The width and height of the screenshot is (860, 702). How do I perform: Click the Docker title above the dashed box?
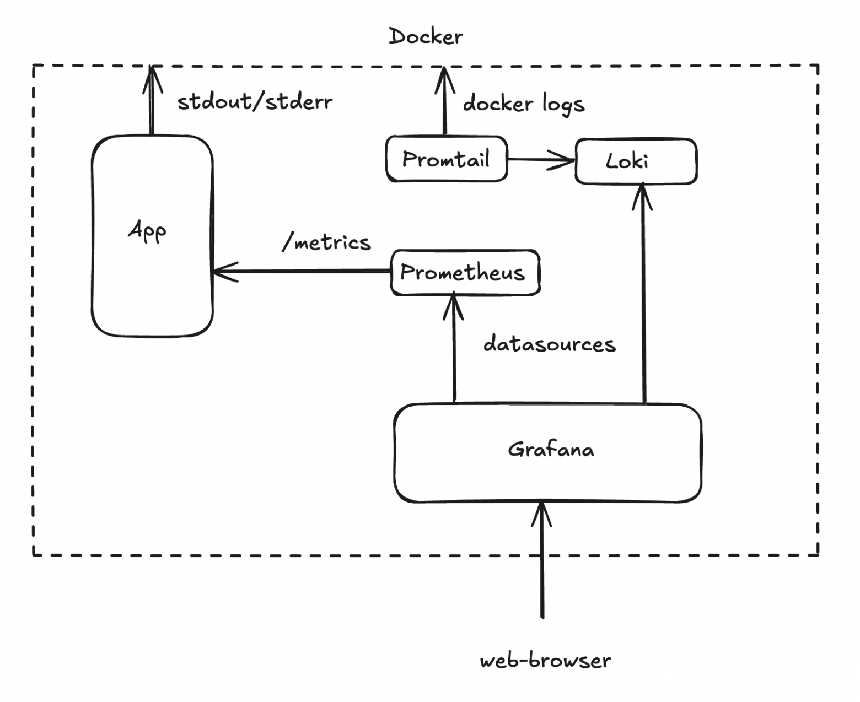426,37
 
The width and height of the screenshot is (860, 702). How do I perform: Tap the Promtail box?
446,159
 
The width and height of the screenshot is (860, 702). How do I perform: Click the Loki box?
636,161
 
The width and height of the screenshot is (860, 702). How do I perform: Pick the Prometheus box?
464,273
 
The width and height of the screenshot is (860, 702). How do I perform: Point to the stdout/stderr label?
255,102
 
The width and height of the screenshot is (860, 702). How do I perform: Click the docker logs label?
523,104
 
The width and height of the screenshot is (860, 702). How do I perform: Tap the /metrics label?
326,242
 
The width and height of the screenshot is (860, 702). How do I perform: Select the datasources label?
549,344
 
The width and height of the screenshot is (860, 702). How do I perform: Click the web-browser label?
545,661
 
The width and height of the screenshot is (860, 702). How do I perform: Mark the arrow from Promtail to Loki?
540,160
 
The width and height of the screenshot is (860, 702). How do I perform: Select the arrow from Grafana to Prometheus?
454,353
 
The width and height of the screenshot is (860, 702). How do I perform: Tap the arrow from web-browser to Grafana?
542,562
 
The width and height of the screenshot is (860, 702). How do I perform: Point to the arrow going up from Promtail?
444,102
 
